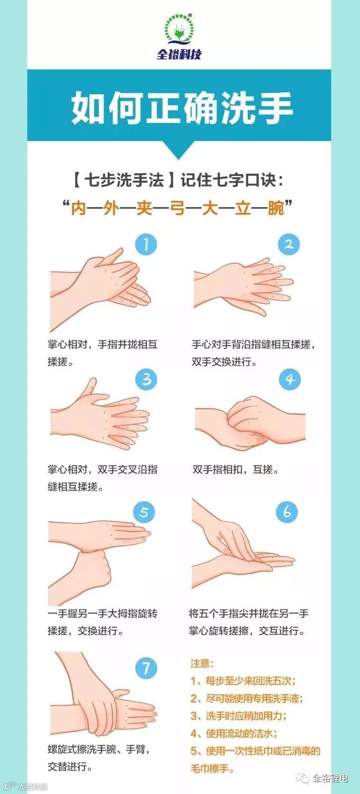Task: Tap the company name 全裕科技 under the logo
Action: (179, 55)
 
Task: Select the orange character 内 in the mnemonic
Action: (79, 208)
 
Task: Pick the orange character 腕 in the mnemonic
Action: (276, 208)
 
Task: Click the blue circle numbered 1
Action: (146, 244)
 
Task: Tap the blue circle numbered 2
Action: (288, 244)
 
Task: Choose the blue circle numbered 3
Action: (146, 380)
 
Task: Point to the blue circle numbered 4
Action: (289, 380)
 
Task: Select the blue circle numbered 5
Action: (144, 512)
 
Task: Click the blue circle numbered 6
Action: (287, 512)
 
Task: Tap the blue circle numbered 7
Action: (146, 669)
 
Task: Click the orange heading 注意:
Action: (202, 663)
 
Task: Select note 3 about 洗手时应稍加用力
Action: (238, 716)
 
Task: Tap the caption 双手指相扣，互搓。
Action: (236, 469)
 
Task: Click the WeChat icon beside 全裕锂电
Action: (303, 778)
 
